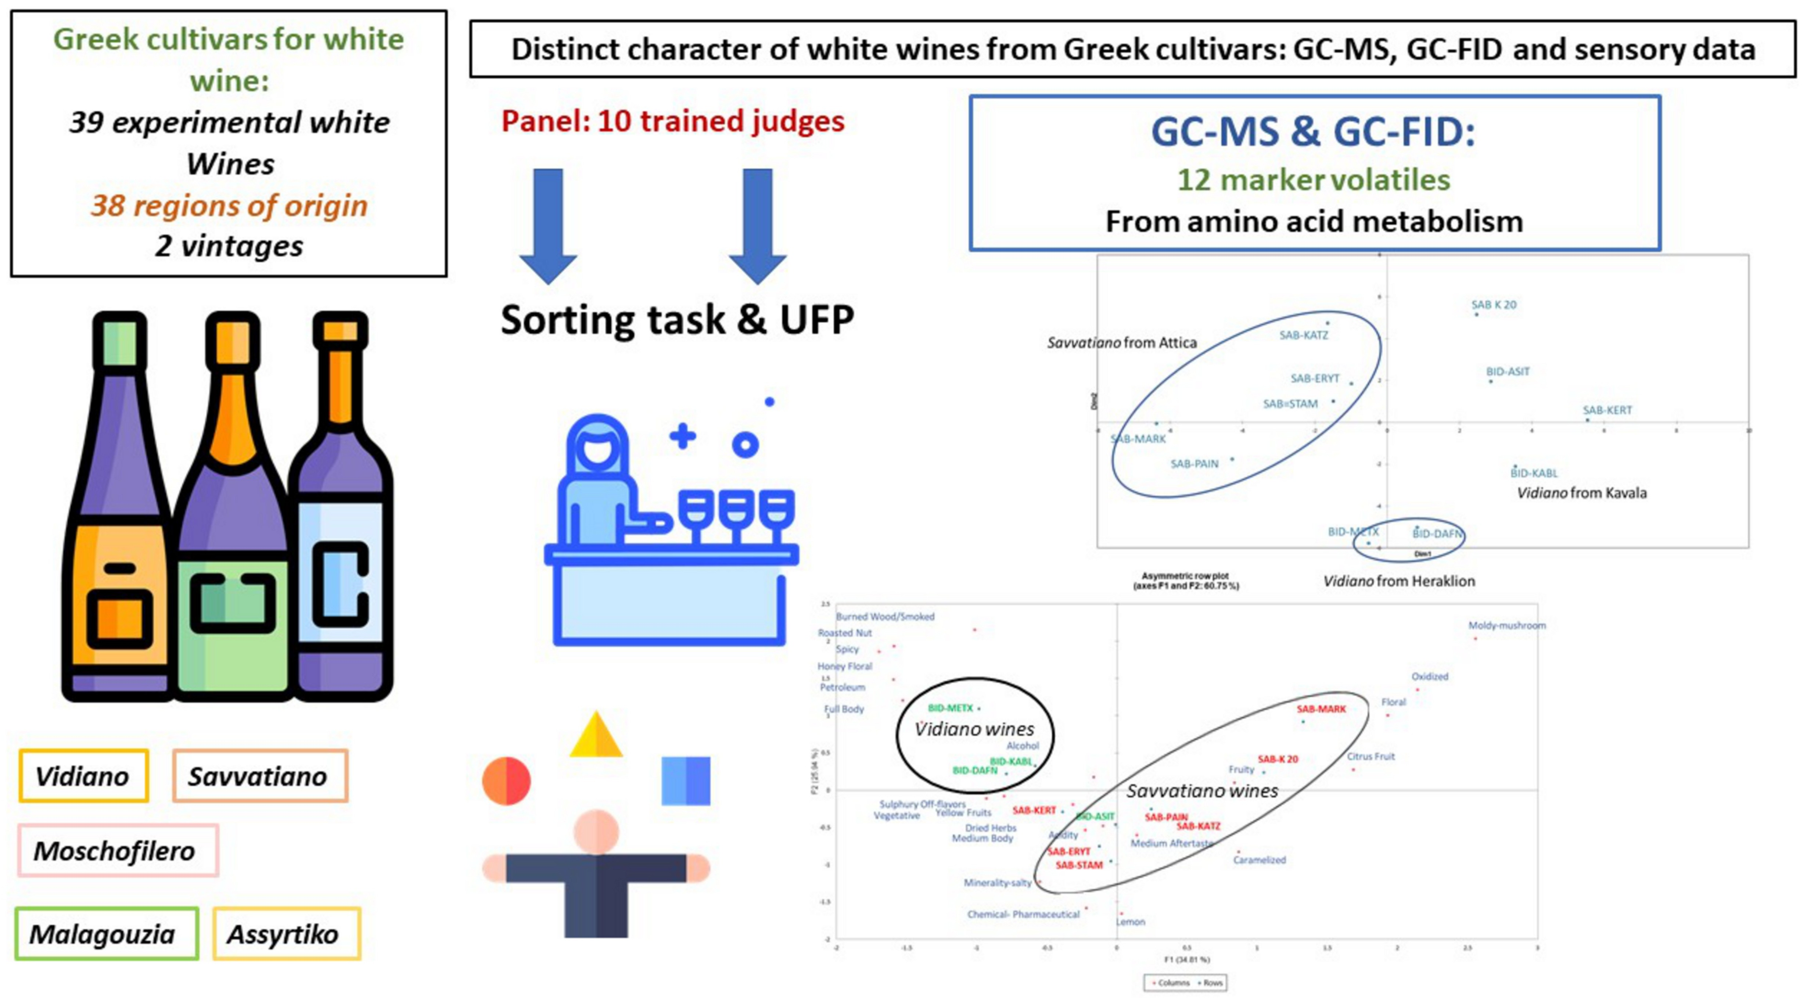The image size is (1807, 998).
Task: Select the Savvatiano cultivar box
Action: (259, 776)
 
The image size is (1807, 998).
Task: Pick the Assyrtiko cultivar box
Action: (286, 933)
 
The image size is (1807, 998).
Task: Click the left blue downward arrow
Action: (548, 225)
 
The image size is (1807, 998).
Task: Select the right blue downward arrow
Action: (758, 225)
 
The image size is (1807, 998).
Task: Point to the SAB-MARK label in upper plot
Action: (1138, 439)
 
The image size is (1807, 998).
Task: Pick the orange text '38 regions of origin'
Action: (229, 205)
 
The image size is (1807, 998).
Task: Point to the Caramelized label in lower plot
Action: (1259, 860)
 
